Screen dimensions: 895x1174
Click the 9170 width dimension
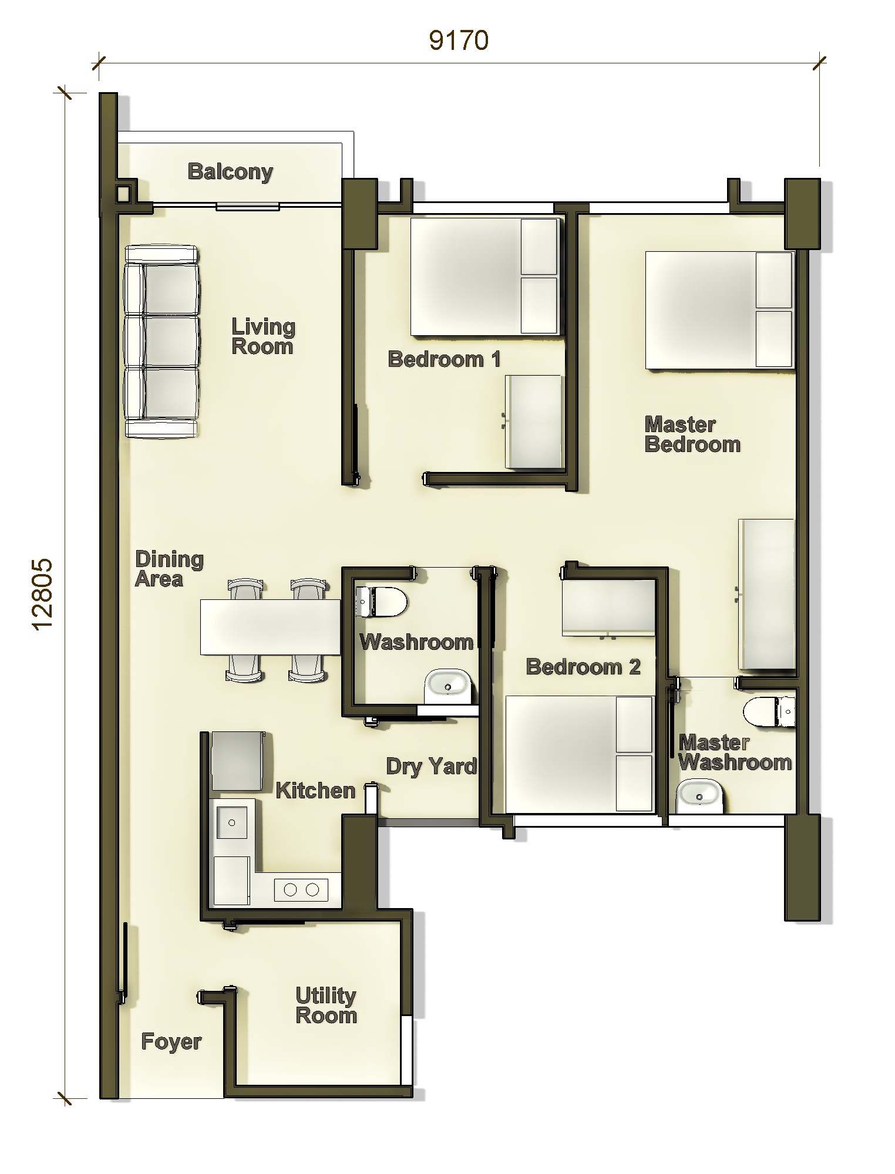[459, 41]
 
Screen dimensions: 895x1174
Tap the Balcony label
[230, 172]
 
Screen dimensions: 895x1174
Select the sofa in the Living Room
[161, 342]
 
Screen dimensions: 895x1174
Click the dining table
[270, 627]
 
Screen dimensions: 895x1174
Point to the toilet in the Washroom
[381, 602]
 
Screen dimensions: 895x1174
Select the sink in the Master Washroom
[699, 797]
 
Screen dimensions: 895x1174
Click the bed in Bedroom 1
[483, 276]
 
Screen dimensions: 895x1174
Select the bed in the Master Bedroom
[719, 310]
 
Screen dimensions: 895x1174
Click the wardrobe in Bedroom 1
[534, 421]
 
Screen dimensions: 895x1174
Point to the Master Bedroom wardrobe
[766, 594]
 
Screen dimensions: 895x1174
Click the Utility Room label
[326, 1006]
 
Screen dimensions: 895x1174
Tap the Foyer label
[171, 1042]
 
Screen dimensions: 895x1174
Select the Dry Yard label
[432, 766]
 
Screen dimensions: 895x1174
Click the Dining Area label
[169, 569]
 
